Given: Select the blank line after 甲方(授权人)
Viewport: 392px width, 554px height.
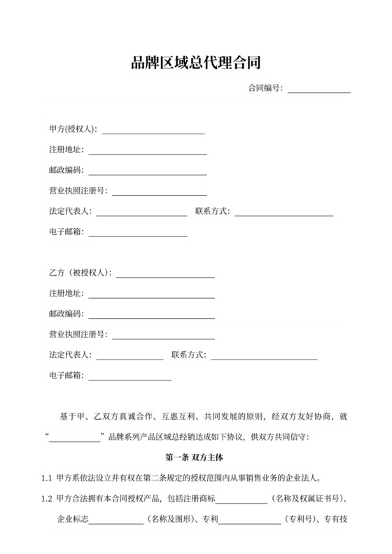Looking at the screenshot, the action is [153, 131].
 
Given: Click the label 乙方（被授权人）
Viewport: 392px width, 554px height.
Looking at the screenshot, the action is [80, 274].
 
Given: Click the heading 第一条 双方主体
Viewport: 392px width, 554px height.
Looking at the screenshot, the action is [195, 458].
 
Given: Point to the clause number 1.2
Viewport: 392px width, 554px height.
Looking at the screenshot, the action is [47, 499].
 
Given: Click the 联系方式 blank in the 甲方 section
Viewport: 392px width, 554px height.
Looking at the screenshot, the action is [283, 213].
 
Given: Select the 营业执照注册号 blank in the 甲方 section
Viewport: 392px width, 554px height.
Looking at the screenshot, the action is [160, 192].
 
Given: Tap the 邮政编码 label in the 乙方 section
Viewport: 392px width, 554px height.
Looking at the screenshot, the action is [66, 314].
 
